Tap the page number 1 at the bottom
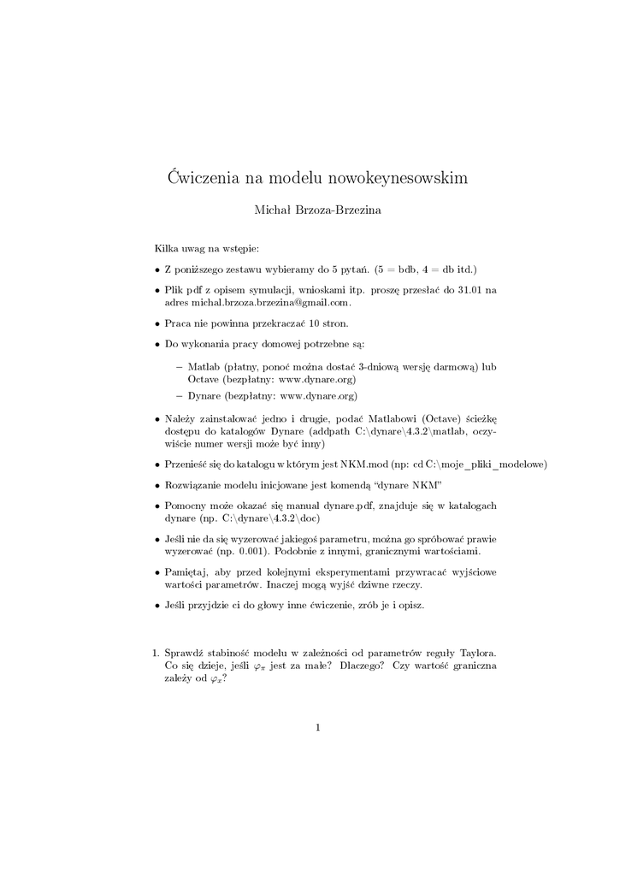[x=317, y=728]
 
